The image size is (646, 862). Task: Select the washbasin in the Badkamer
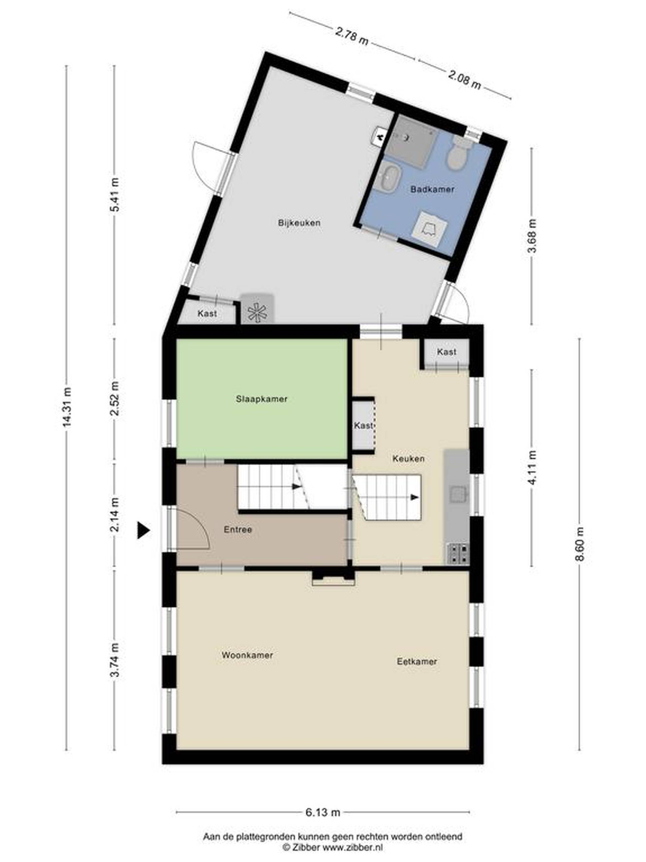(390, 177)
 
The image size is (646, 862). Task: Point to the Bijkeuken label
(299, 223)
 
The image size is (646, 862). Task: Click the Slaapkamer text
(262, 399)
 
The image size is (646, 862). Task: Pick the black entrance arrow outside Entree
(143, 530)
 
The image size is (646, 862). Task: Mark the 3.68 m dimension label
(532, 235)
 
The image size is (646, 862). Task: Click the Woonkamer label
(247, 655)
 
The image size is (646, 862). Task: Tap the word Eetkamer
(417, 661)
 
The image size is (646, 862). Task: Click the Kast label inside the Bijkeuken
(207, 313)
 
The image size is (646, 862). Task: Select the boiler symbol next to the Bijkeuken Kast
(257, 309)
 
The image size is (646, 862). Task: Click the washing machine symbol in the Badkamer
(429, 229)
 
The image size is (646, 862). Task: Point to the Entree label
(238, 530)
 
